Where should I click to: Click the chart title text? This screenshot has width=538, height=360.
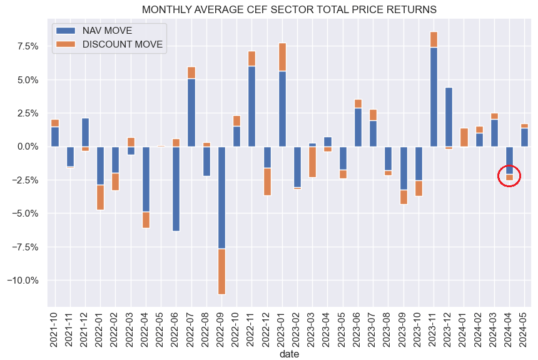coord(289,10)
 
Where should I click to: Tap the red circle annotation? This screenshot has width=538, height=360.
coord(509,177)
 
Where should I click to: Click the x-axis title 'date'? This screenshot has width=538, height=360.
coord(289,354)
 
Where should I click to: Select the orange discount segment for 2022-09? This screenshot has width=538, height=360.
coord(221,271)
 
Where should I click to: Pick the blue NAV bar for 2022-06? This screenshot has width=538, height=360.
coord(176,188)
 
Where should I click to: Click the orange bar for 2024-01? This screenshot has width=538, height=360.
coord(464,137)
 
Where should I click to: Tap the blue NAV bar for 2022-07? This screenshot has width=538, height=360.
coord(191,113)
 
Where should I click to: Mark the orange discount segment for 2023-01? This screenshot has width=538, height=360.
coord(282,57)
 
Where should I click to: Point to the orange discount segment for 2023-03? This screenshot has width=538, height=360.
coord(312,162)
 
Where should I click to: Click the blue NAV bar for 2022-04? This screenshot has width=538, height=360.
coord(146,179)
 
